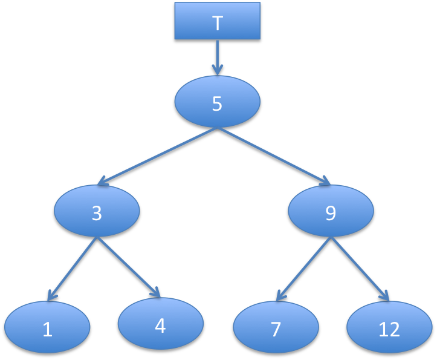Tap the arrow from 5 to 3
157,155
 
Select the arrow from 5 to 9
274,155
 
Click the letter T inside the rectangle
218,24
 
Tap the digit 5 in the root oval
217,104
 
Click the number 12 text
389,329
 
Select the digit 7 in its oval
276,329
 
